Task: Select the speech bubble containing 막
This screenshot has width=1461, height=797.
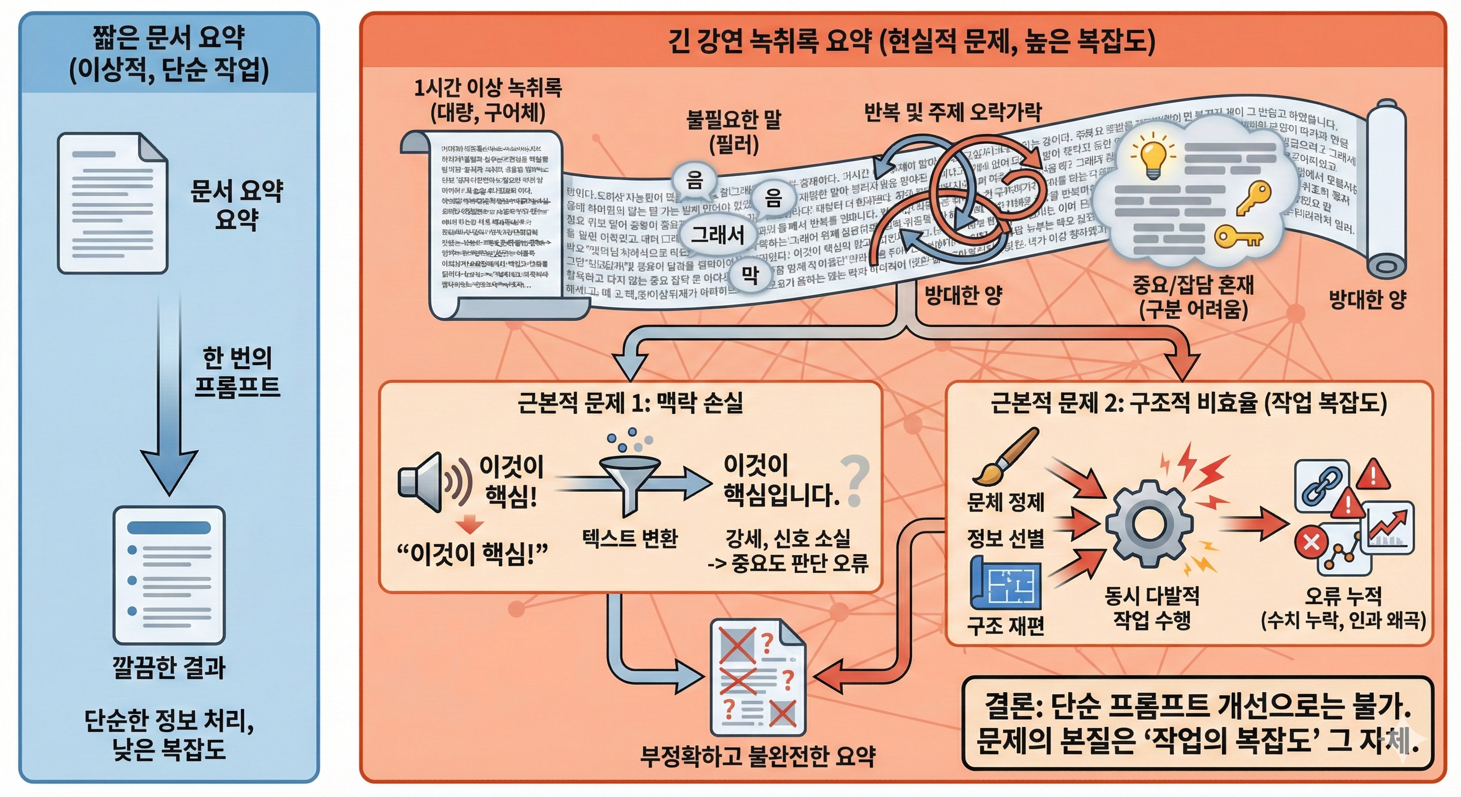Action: pyautogui.click(x=750, y=276)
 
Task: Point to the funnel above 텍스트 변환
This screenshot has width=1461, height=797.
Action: pyautogui.click(x=629, y=480)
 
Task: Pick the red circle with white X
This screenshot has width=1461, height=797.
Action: pyautogui.click(x=1311, y=542)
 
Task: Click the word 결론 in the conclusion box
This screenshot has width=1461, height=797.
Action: pyautogui.click(x=1011, y=706)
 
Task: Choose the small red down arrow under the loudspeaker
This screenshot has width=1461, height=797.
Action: pyautogui.click(x=470, y=525)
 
